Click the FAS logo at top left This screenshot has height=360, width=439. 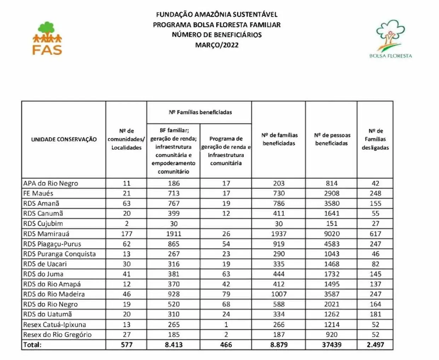47,39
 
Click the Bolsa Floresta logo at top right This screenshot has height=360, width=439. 390,39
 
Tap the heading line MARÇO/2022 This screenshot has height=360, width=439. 217,45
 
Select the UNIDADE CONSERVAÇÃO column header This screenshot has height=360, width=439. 64,139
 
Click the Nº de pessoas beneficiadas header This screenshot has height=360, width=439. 332,139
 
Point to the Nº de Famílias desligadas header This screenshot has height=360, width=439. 375,139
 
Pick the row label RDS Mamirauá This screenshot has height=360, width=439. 46,234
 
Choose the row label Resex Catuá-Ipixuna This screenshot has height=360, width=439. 54,325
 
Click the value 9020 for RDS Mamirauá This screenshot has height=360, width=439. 332,234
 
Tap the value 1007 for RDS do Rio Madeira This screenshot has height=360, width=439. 279,294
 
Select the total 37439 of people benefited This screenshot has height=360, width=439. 332,345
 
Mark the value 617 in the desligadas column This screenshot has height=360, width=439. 375,234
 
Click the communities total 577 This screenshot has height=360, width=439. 127,345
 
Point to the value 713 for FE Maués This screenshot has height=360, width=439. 174,193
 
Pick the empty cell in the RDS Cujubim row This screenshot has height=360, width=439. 226,224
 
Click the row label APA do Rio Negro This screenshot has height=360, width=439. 51,184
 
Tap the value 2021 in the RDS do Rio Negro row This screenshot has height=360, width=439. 332,304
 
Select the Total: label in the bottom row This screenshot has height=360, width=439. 32,345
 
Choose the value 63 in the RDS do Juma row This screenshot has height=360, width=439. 226,274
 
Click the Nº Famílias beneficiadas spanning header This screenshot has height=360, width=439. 200,112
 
